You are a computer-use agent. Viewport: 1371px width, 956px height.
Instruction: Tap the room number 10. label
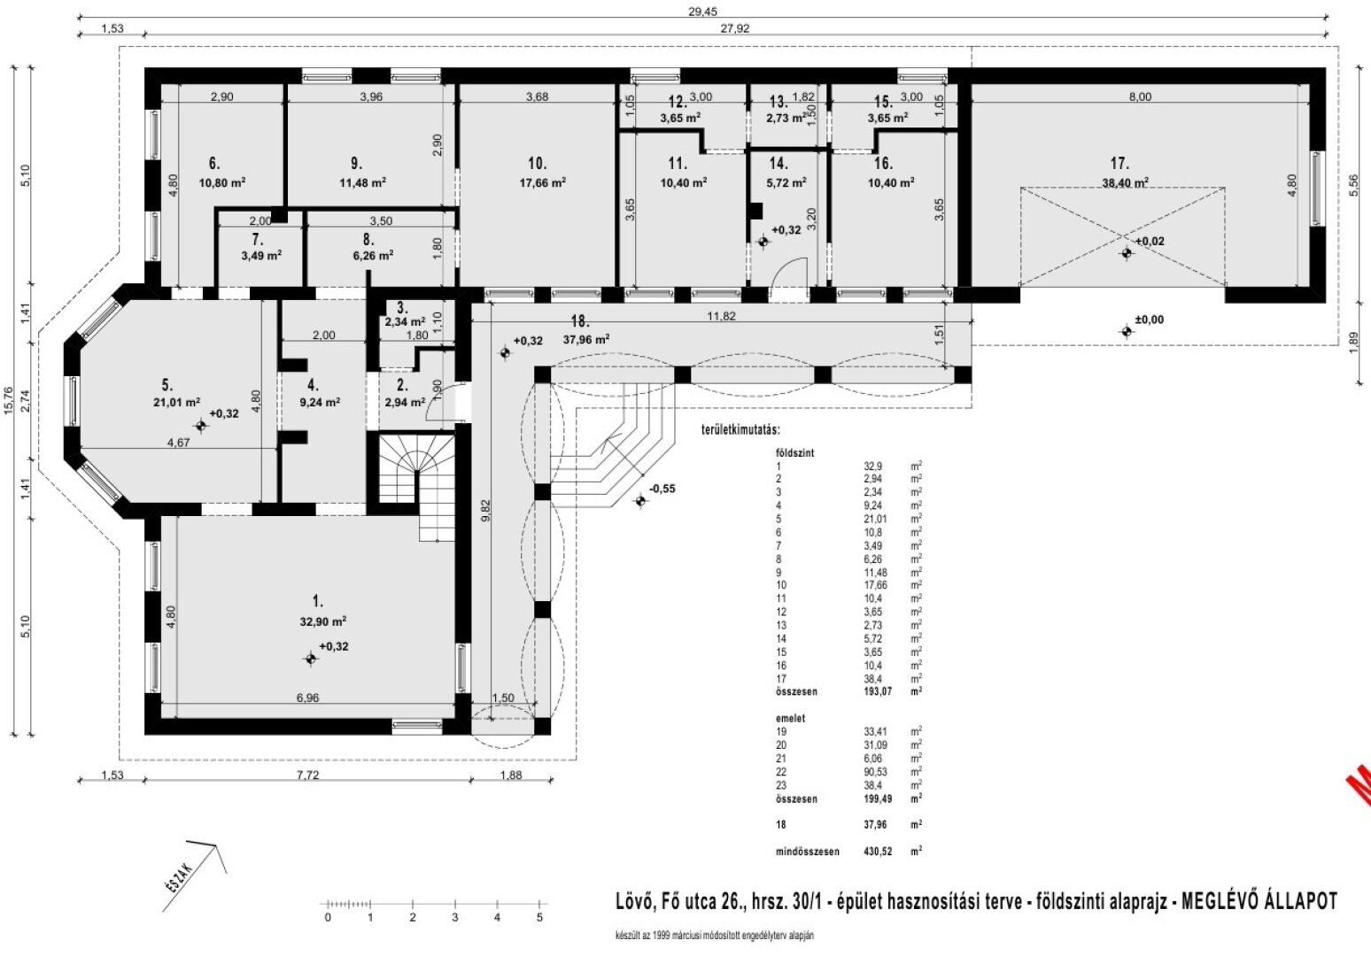coord(537,164)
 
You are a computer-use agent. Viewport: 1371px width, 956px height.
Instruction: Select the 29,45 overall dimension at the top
coord(701,12)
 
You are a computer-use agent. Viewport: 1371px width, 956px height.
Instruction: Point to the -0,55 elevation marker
coord(662,489)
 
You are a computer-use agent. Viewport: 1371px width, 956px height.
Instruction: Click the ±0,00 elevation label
coord(1150,320)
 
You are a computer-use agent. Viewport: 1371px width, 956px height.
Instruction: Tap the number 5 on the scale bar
coord(539,918)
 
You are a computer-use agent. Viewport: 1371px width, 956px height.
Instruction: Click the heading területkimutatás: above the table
coord(740,430)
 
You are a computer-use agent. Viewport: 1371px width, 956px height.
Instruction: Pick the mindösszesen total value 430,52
coord(877,852)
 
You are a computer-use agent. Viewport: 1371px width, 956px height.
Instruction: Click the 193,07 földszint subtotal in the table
coord(877,691)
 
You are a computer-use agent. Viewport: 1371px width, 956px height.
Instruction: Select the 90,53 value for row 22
coord(875,772)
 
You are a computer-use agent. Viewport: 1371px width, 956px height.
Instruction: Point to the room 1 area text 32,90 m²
coord(322,621)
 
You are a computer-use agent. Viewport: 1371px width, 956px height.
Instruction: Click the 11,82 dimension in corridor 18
coord(718,316)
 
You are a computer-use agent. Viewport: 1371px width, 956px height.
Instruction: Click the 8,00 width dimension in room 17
coord(1140,97)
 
